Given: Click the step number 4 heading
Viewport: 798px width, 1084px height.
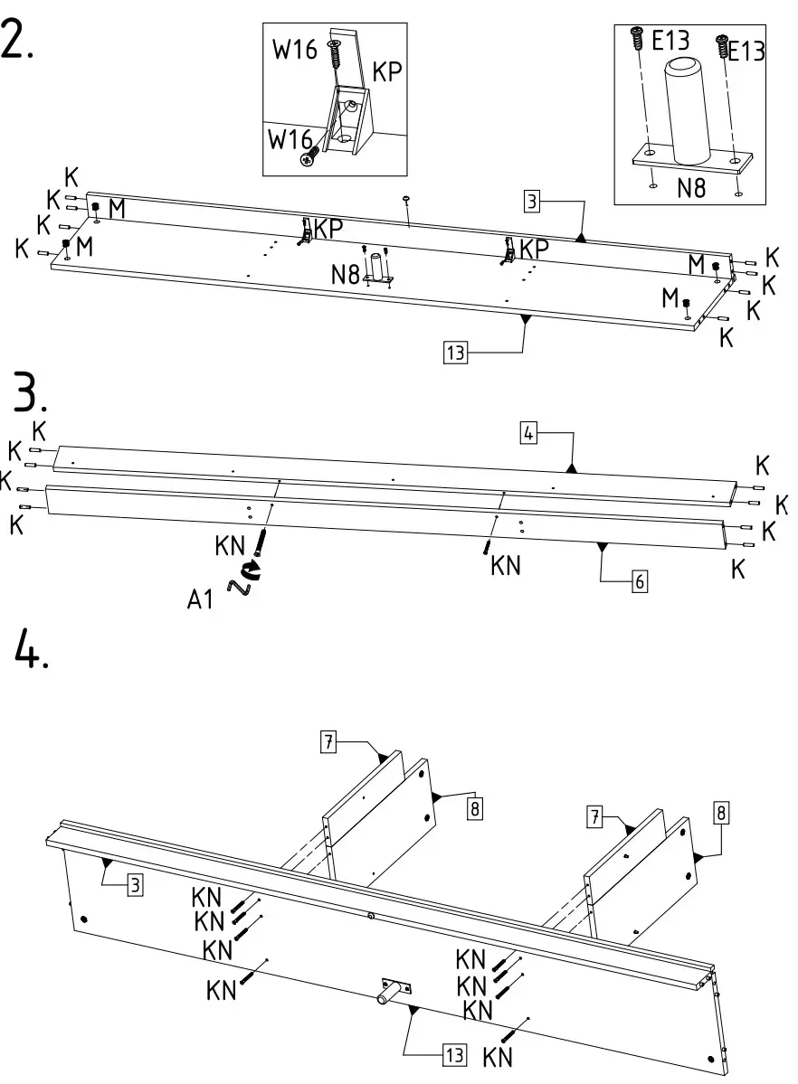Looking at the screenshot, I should [30, 647].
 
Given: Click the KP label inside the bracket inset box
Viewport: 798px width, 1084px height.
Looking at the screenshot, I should [386, 73].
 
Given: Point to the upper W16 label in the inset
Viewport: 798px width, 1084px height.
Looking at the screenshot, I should [295, 49].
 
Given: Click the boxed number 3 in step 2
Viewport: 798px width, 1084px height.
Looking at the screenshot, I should [534, 203].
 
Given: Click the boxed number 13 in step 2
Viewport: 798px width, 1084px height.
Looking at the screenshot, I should [454, 352].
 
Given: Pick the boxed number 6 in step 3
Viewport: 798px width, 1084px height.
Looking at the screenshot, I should [640, 581].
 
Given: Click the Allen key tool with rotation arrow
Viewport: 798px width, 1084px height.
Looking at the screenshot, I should [245, 580].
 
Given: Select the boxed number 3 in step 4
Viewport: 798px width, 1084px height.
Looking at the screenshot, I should [135, 884].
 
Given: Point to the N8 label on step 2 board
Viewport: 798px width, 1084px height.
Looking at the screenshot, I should [345, 274].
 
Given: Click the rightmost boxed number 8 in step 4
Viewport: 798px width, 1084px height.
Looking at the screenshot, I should [720, 810].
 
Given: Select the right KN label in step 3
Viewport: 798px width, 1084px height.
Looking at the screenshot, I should [506, 566].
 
